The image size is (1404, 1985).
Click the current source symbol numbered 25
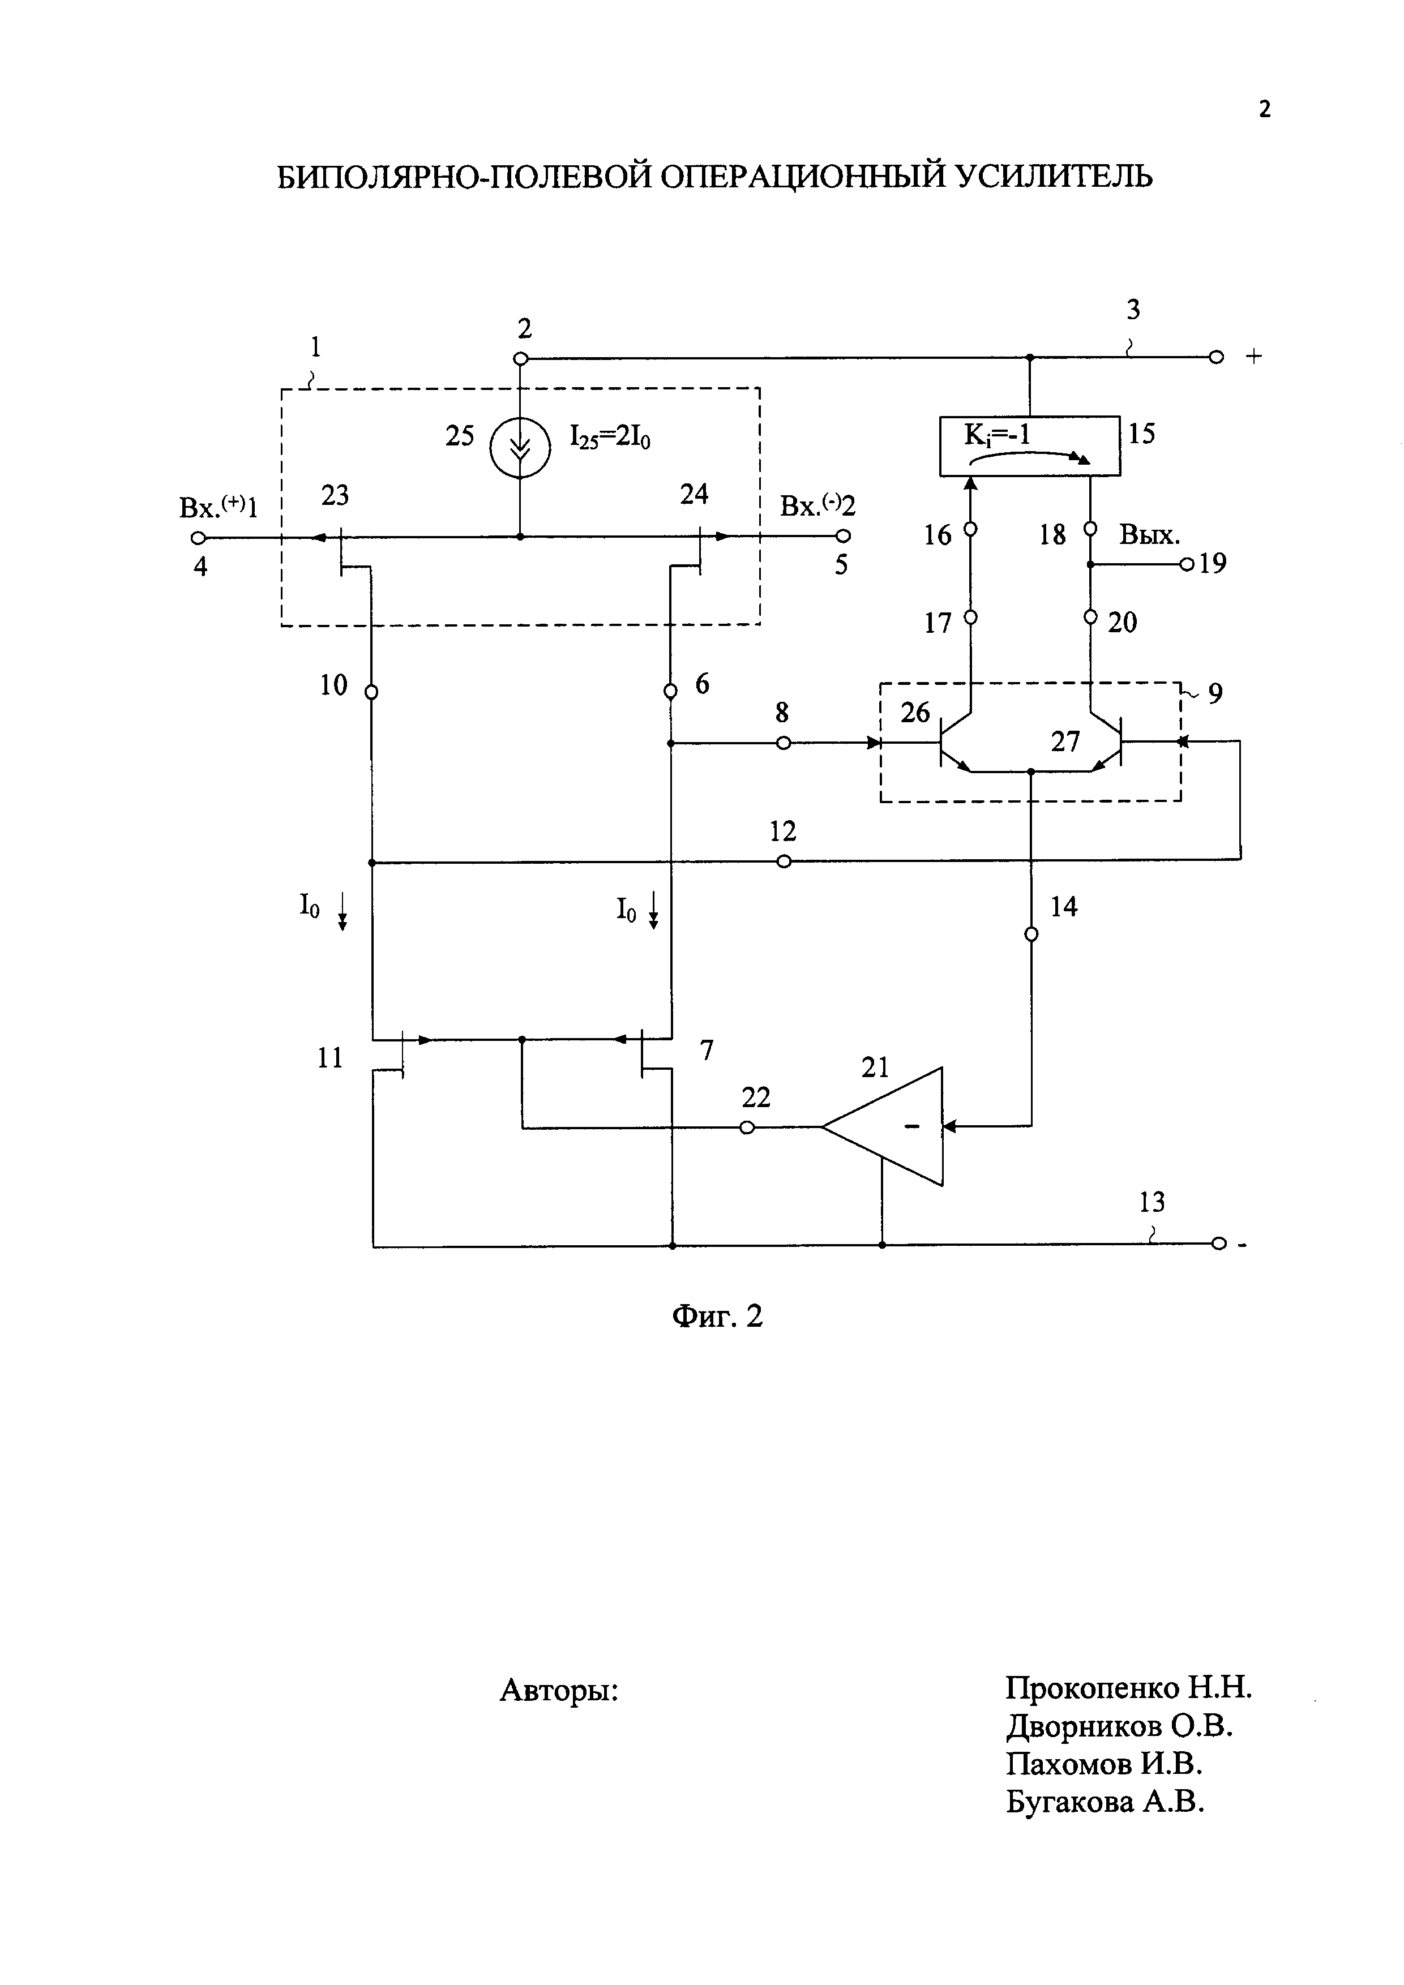(520, 448)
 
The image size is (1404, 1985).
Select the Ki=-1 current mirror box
(1029, 445)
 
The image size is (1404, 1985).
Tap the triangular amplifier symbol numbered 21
(891, 1126)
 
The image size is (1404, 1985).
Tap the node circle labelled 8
(784, 743)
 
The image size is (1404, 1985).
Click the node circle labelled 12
(784, 861)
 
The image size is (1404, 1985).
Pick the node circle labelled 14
(1030, 934)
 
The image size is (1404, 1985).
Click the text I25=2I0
(610, 436)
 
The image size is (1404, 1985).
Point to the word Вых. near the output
(1150, 535)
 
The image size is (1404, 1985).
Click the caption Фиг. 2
(717, 1317)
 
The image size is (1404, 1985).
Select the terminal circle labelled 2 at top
(520, 358)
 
